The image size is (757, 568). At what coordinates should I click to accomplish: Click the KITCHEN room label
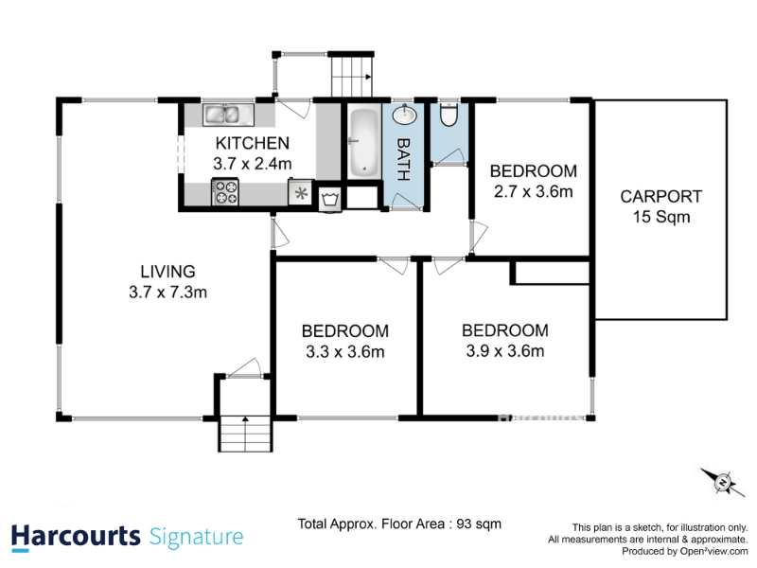coord(252,143)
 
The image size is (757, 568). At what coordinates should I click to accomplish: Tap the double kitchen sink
coord(228,115)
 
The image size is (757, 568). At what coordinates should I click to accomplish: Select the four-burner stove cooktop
coord(225,192)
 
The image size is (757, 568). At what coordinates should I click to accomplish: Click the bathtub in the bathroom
coord(363,143)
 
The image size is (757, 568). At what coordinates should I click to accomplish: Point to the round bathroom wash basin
coord(404,115)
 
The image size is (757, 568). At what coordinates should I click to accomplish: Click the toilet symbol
coord(449,115)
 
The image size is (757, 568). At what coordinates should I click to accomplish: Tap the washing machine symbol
coord(330,199)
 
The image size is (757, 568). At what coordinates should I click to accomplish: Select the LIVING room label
coord(168,272)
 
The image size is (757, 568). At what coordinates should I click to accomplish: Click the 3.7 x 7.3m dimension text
coord(168,293)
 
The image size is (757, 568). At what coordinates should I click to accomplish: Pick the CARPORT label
coord(660,197)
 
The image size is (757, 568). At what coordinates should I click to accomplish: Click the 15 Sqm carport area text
coord(661,217)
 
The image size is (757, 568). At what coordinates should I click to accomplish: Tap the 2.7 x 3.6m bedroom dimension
coord(534,192)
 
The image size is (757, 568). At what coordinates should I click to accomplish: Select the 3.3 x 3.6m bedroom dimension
coord(345,351)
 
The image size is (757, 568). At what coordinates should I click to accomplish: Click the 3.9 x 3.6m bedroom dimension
coord(505,351)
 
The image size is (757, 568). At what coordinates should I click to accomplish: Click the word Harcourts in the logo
coord(76,537)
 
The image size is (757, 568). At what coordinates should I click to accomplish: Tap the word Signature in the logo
coord(197,538)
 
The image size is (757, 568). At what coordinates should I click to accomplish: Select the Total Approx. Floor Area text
coord(399,524)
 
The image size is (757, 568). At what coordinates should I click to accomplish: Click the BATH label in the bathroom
coord(404,159)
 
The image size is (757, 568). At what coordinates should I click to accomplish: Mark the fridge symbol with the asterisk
coord(301,192)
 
